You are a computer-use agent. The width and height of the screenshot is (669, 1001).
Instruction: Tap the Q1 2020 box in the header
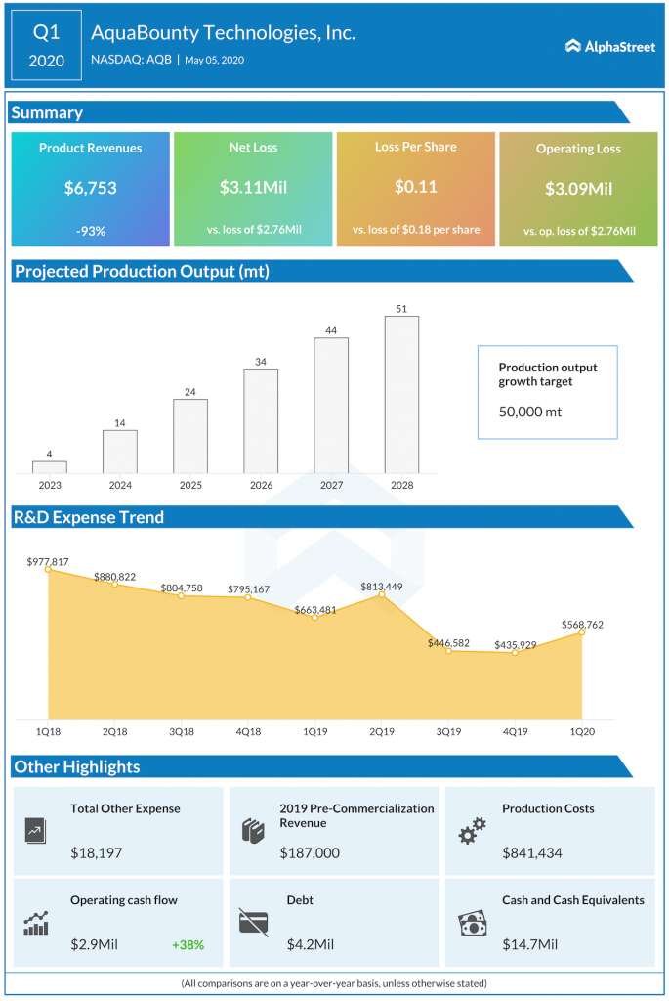point(47,45)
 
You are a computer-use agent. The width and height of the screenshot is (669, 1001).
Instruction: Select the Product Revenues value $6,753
point(90,187)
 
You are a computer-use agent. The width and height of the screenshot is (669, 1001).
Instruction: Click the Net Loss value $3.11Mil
point(253,187)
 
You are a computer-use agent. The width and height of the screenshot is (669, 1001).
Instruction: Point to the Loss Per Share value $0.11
point(415,187)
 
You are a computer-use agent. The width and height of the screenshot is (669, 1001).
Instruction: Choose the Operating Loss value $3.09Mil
point(578,189)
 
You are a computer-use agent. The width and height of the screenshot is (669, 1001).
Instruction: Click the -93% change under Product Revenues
point(90,231)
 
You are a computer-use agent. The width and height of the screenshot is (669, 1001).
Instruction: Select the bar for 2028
point(401,395)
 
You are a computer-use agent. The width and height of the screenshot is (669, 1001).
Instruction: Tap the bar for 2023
point(49,467)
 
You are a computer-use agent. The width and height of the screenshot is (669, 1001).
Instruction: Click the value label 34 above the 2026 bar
point(261,362)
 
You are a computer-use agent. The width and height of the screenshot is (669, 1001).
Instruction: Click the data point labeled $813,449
point(381,594)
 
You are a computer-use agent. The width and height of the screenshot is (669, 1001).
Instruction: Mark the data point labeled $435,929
point(515,652)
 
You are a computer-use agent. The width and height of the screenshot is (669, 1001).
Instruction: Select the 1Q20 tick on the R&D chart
point(582,731)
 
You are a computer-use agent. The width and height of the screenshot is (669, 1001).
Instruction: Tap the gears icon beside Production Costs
point(473,832)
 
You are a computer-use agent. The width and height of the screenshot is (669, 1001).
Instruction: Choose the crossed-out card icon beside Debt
point(253,922)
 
